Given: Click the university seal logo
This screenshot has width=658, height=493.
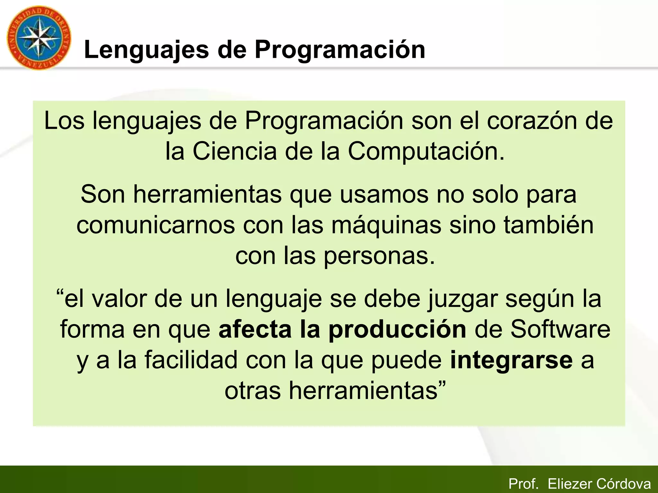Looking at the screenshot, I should pos(39,38).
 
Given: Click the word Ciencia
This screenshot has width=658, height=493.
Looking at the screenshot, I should pos(235,151).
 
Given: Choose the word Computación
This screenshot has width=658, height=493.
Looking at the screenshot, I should pos(426,151).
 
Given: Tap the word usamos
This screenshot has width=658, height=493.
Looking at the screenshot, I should pos(384,195).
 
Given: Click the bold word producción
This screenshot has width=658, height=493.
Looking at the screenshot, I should pos(397,330).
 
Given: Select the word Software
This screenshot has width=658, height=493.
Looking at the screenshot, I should pos(560,330).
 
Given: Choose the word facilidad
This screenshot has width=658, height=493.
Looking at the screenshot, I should pos(191,360).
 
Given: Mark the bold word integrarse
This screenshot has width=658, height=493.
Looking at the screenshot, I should pos(511,360).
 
